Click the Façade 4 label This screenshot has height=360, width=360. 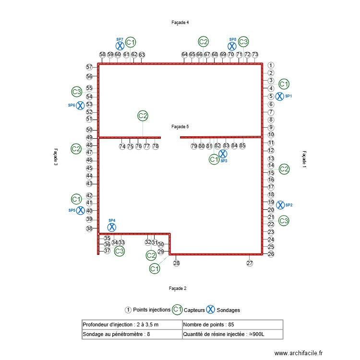[180, 23]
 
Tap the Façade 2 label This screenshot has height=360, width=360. [178, 288]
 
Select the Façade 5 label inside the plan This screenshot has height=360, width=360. [180, 127]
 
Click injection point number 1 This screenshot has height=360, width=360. [271, 65]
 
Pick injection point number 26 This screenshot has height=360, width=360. [271, 254]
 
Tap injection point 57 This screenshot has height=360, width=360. [89, 67]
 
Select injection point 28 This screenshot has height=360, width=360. [176, 263]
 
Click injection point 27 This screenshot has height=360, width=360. [250, 263]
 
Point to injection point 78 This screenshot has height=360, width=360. [156, 146]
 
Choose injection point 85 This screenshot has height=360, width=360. [242, 146]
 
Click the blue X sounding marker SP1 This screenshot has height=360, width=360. [279, 96]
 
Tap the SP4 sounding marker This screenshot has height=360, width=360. [112, 228]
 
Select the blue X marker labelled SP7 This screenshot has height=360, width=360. [120, 46]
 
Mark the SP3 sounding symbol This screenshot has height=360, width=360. [223, 154]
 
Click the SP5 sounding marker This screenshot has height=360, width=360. [81, 210]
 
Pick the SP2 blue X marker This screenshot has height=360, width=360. [280, 205]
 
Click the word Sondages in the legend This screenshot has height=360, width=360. [228, 310]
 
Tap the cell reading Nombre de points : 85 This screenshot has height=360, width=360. [232, 324]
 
